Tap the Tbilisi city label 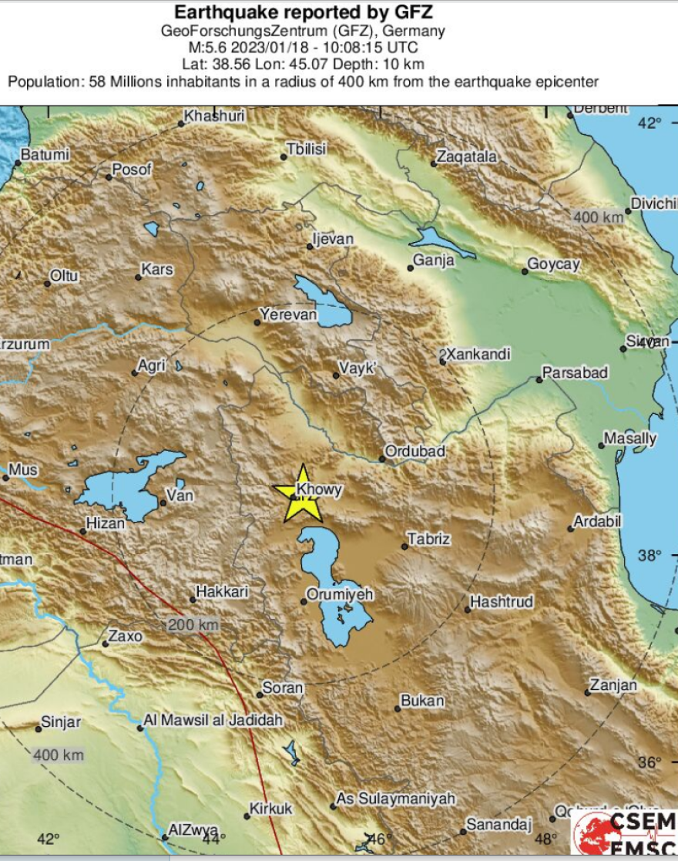307,149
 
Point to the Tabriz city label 428,539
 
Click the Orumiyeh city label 340,594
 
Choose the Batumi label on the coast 45,155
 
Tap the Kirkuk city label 270,809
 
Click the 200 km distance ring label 193,625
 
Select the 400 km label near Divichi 599,217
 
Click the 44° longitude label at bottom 212,839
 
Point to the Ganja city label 434,261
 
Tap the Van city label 181,496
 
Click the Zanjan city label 613,685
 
